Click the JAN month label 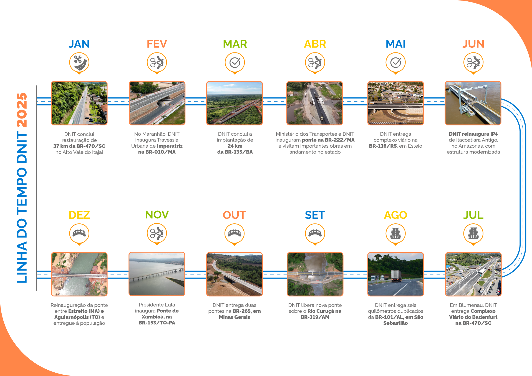tap(79, 44)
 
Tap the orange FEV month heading tap(157, 44)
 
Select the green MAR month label tap(235, 44)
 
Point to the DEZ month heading tap(79, 215)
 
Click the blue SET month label tap(315, 215)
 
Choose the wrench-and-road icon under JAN tap(79, 62)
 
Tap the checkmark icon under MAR tap(235, 62)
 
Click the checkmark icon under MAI tap(395, 62)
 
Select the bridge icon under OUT tap(235, 233)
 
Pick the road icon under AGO tap(395, 233)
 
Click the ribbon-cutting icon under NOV tap(157, 233)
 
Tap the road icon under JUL tap(473, 233)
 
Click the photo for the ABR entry tap(314, 103)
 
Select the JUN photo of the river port tap(473, 103)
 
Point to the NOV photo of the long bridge tap(157, 274)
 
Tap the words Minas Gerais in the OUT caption tap(235, 317)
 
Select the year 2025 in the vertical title tap(22, 110)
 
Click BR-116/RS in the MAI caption tap(383, 146)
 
